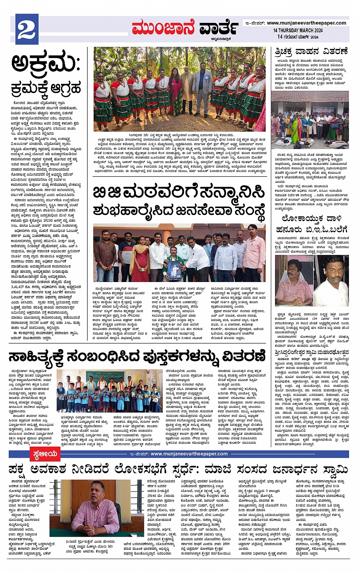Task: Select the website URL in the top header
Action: (306, 23)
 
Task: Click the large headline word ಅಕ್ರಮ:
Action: (45, 63)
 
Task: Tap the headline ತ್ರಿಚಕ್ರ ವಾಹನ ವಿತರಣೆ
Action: (311, 51)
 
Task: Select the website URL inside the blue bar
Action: (189, 453)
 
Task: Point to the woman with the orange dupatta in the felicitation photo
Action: (140, 255)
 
